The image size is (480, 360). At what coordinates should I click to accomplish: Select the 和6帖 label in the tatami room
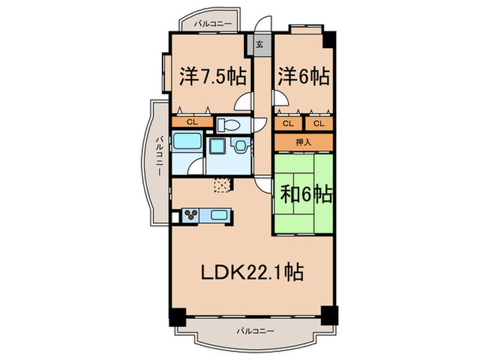coord(306,195)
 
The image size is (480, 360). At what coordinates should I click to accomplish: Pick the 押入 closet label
coord(303,142)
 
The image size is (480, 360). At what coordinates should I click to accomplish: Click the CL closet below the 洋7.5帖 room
coord(192,123)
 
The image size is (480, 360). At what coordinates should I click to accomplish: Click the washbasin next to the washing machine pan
coord(241,146)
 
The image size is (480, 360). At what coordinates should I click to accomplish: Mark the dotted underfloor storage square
coord(222,184)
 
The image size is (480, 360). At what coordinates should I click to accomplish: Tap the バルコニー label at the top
coord(213,24)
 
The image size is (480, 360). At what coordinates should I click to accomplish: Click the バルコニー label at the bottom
coord(254,332)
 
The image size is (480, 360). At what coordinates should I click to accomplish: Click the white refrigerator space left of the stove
coord(176,216)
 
